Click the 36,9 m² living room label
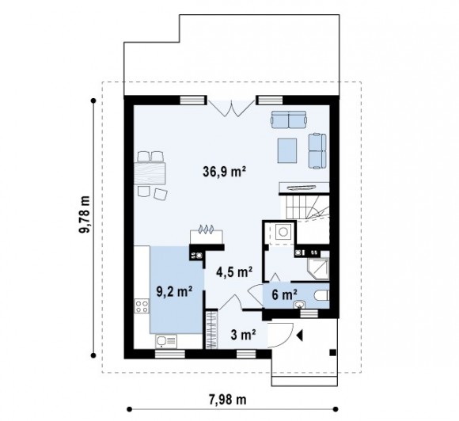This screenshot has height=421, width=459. pos(224,172)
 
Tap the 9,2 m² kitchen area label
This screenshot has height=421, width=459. pos(174,291)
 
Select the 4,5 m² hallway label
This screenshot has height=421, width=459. pos(234,272)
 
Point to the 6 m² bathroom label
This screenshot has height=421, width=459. pos(285,294)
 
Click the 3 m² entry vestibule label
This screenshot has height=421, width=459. pos(244,335)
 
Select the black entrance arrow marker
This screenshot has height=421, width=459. pos(299,336)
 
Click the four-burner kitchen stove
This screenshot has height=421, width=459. pos(142,306)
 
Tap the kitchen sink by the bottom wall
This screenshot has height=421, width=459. pos(166,341)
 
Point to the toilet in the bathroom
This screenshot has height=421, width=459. pos(322,295)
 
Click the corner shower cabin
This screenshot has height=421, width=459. pos(318,269)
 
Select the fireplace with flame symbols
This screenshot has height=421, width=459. pos(207,233)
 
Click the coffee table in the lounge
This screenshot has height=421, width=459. pos(287,150)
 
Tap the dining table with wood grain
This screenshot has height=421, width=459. pos(150,173)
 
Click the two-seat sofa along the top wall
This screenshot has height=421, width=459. pos(289,119)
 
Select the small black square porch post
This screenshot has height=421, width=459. pos(333,352)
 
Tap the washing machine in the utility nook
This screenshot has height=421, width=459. pos(283,232)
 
